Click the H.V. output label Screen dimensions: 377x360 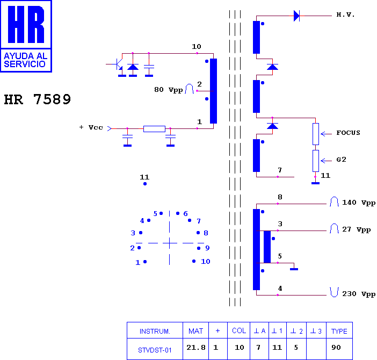pyautogui.click(x=345, y=15)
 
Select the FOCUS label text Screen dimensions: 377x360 pyautogui.click(x=348, y=133)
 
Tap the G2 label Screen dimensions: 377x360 pyautogui.click(x=341, y=160)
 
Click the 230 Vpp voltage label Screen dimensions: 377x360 pyautogui.click(x=359, y=294)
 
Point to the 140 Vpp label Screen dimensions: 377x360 pyautogui.click(x=359, y=203)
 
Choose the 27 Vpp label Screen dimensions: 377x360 pyautogui.click(x=356, y=229)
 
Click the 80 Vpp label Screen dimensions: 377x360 pyautogui.click(x=168, y=90)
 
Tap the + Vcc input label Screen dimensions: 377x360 pyautogui.click(x=91, y=127)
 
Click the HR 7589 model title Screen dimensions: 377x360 pyautogui.click(x=38, y=99)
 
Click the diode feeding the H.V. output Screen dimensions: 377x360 pyautogui.click(x=297, y=16)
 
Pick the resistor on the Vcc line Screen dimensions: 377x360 pyautogui.click(x=154, y=128)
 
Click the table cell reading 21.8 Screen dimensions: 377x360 pyautogui.click(x=196, y=348)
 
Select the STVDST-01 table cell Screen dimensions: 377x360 pyautogui.click(x=155, y=350)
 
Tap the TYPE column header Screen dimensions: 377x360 pyautogui.click(x=339, y=331)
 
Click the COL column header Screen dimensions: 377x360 pyautogui.click(x=239, y=330)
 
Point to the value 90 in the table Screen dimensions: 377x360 pyautogui.click(x=336, y=348)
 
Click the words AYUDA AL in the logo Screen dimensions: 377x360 pyautogui.click(x=25, y=56)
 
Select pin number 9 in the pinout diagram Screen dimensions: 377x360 pyautogui.click(x=207, y=248)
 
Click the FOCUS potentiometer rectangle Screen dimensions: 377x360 pyautogui.click(x=316, y=134)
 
